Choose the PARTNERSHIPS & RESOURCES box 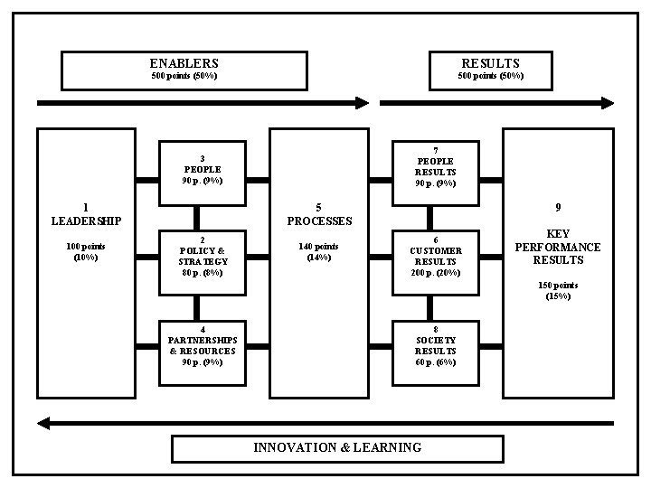pyautogui.click(x=203, y=346)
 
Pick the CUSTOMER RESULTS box pyautogui.click(x=436, y=257)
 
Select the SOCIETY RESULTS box pyautogui.click(x=436, y=346)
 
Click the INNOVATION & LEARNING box pyautogui.click(x=337, y=447)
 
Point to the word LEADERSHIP pyautogui.click(x=86, y=221)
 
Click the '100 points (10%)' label pyautogui.click(x=86, y=251)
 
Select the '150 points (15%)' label pyautogui.click(x=558, y=290)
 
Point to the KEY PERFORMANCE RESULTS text pyautogui.click(x=558, y=247)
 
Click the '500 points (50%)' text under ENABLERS pyautogui.click(x=184, y=76)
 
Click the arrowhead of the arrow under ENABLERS pyautogui.click(x=363, y=102)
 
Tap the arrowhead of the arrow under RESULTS pyautogui.click(x=607, y=102)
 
